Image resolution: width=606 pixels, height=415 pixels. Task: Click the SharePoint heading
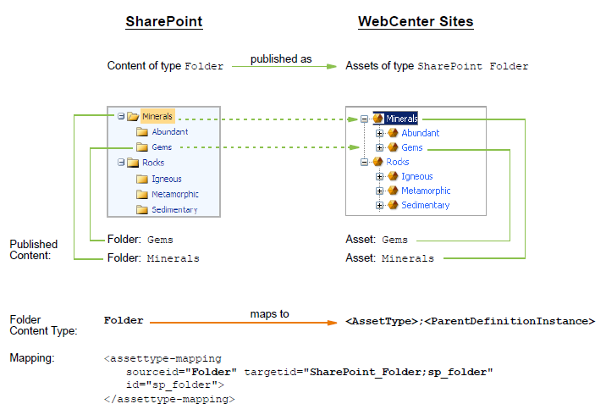click(164, 22)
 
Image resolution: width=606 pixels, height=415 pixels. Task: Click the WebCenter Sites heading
click(416, 22)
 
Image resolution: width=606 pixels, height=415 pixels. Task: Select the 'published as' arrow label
click(281, 58)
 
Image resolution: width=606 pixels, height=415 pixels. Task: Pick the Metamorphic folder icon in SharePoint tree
click(142, 194)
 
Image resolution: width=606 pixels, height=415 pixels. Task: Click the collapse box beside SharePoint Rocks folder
click(121, 163)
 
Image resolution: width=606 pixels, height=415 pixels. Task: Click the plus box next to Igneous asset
click(379, 176)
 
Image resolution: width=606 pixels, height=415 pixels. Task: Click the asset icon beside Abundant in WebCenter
click(393, 133)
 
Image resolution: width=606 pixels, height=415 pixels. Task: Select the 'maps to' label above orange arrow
click(269, 314)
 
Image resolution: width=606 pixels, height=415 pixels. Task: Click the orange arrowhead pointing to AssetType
click(332, 323)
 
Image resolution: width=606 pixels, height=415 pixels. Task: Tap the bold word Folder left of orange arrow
click(124, 321)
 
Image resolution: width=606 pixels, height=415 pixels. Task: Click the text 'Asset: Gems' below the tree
click(377, 240)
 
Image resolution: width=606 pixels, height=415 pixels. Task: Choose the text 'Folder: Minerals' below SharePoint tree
click(153, 258)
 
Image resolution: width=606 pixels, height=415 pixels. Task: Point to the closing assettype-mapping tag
click(169, 399)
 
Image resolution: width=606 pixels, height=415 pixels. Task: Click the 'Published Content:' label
click(34, 250)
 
